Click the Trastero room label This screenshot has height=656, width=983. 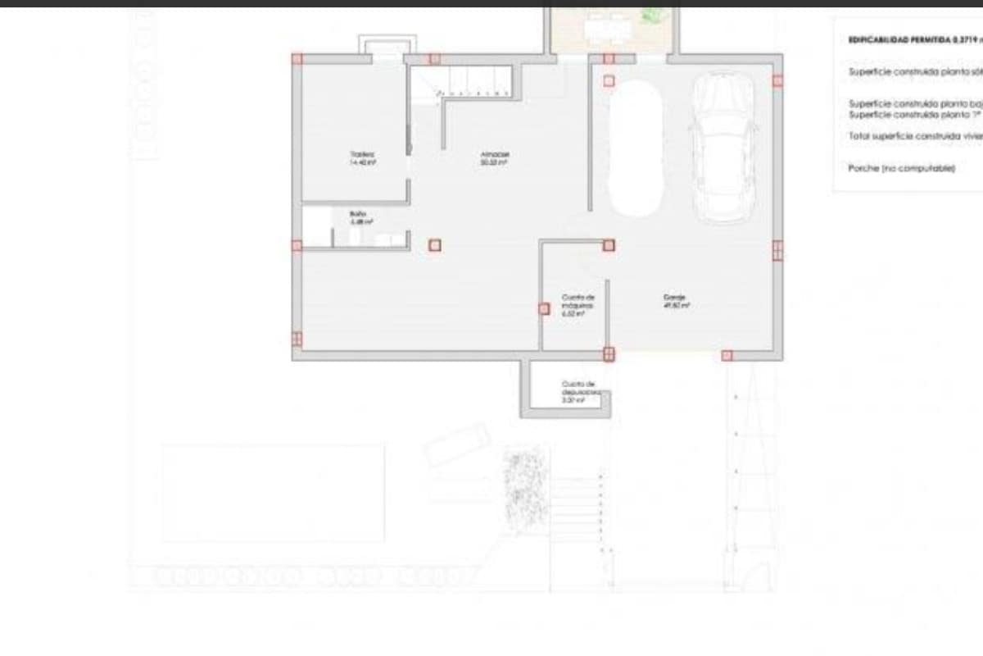click(x=362, y=157)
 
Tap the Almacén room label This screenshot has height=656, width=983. click(x=494, y=157)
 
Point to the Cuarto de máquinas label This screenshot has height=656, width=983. click(x=577, y=304)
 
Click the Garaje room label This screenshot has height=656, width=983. click(x=675, y=301)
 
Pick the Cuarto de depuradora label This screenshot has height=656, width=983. click(x=578, y=392)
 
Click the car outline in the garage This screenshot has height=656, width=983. click(x=723, y=148)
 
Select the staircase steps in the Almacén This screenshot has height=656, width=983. click(x=475, y=81)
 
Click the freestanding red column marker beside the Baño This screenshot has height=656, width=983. click(x=434, y=244)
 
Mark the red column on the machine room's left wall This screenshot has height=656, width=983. click(x=543, y=308)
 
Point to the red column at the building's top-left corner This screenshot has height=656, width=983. click(x=297, y=58)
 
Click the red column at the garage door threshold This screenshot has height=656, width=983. click(x=727, y=355)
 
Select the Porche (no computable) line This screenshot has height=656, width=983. click(x=901, y=167)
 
